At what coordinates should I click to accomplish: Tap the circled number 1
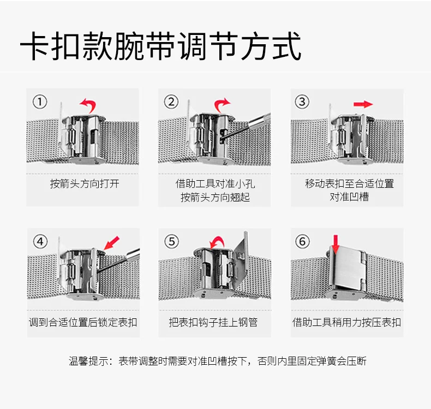[x=40, y=102]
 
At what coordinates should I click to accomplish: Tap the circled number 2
[x=172, y=102]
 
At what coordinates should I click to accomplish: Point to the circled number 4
[x=40, y=241]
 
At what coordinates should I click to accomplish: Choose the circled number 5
[x=172, y=241]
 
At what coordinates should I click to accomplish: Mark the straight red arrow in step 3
[x=363, y=104]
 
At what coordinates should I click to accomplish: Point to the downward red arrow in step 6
[x=336, y=244]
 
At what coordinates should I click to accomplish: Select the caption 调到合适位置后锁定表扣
[x=83, y=322]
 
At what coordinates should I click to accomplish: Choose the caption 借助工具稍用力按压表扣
[x=346, y=322]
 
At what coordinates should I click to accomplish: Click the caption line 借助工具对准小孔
[x=215, y=183]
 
